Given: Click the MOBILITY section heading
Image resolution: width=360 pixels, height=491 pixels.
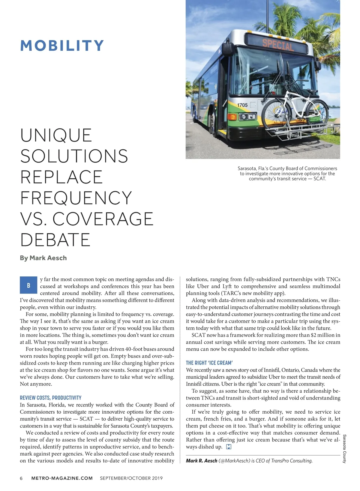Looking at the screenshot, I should click(x=62, y=46).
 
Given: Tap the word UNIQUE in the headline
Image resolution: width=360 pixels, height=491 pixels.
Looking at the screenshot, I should click(x=56, y=135).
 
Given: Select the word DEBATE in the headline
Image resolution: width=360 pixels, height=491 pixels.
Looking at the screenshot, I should click(x=55, y=240).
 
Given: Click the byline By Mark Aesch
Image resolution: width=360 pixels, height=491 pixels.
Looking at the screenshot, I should click(x=43, y=258).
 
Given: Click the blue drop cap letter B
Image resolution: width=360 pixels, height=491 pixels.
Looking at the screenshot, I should click(x=28, y=285).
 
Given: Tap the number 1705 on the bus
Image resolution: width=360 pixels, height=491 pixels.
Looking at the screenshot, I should click(x=242, y=105).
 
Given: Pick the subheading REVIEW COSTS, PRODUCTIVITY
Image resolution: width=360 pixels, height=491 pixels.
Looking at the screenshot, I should click(x=50, y=398).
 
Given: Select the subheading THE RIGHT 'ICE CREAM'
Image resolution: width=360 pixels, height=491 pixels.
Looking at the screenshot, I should click(x=209, y=363).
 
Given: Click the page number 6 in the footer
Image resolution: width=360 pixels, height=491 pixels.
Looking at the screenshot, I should click(x=21, y=478).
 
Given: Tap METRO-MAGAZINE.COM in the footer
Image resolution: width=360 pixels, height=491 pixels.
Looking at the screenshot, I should click(x=62, y=478).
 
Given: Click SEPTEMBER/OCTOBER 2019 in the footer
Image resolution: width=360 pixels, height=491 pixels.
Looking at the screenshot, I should click(x=131, y=478).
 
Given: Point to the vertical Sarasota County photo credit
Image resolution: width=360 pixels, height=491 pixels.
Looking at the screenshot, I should click(x=344, y=449).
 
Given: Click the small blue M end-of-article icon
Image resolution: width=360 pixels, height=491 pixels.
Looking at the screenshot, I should click(x=229, y=447).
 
